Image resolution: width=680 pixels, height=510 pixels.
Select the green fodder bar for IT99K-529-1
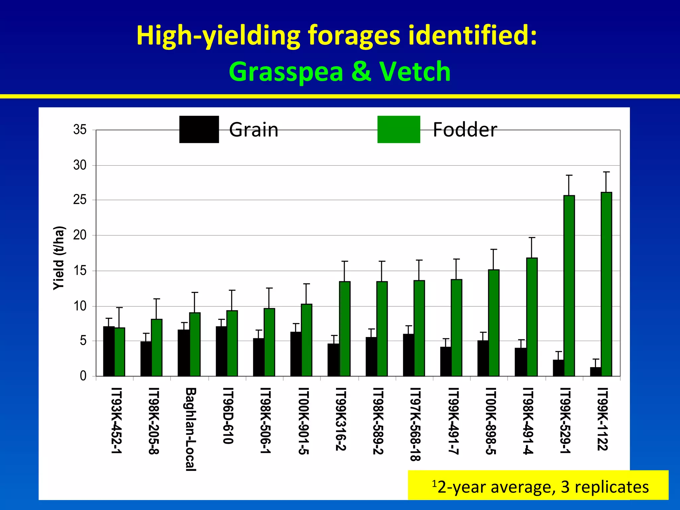(x=569, y=286)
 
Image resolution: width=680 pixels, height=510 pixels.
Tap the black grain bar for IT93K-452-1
(x=109, y=351)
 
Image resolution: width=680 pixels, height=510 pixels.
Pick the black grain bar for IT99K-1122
(x=595, y=372)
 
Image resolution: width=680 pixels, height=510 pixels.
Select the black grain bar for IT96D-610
(x=221, y=351)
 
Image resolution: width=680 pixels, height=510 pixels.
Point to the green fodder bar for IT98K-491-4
(x=532, y=317)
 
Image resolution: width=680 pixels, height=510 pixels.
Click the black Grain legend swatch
(x=199, y=129)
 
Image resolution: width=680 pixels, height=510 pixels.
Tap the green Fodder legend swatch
(x=398, y=129)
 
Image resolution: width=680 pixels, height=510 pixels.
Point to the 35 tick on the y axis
(x=80, y=130)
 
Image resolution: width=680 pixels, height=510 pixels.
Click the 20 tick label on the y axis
(x=80, y=235)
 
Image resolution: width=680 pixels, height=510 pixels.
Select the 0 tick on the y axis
(x=83, y=376)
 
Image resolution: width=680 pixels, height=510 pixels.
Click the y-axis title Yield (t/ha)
(x=59, y=258)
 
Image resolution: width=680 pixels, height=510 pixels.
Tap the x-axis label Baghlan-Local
(x=191, y=429)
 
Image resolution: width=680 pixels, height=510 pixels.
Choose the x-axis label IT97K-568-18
(x=415, y=424)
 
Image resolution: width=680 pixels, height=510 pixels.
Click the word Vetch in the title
(x=415, y=71)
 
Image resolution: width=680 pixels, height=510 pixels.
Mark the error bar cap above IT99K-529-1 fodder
(x=569, y=175)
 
